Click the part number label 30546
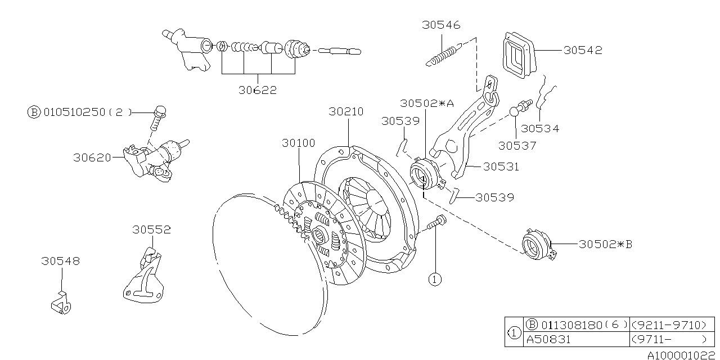[441, 25]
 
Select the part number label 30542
[583, 50]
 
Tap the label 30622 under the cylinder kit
[258, 90]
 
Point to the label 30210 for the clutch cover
[346, 112]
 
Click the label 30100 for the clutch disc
[299, 143]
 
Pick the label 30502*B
[606, 244]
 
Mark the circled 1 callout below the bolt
[434, 278]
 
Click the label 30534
[540, 128]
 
